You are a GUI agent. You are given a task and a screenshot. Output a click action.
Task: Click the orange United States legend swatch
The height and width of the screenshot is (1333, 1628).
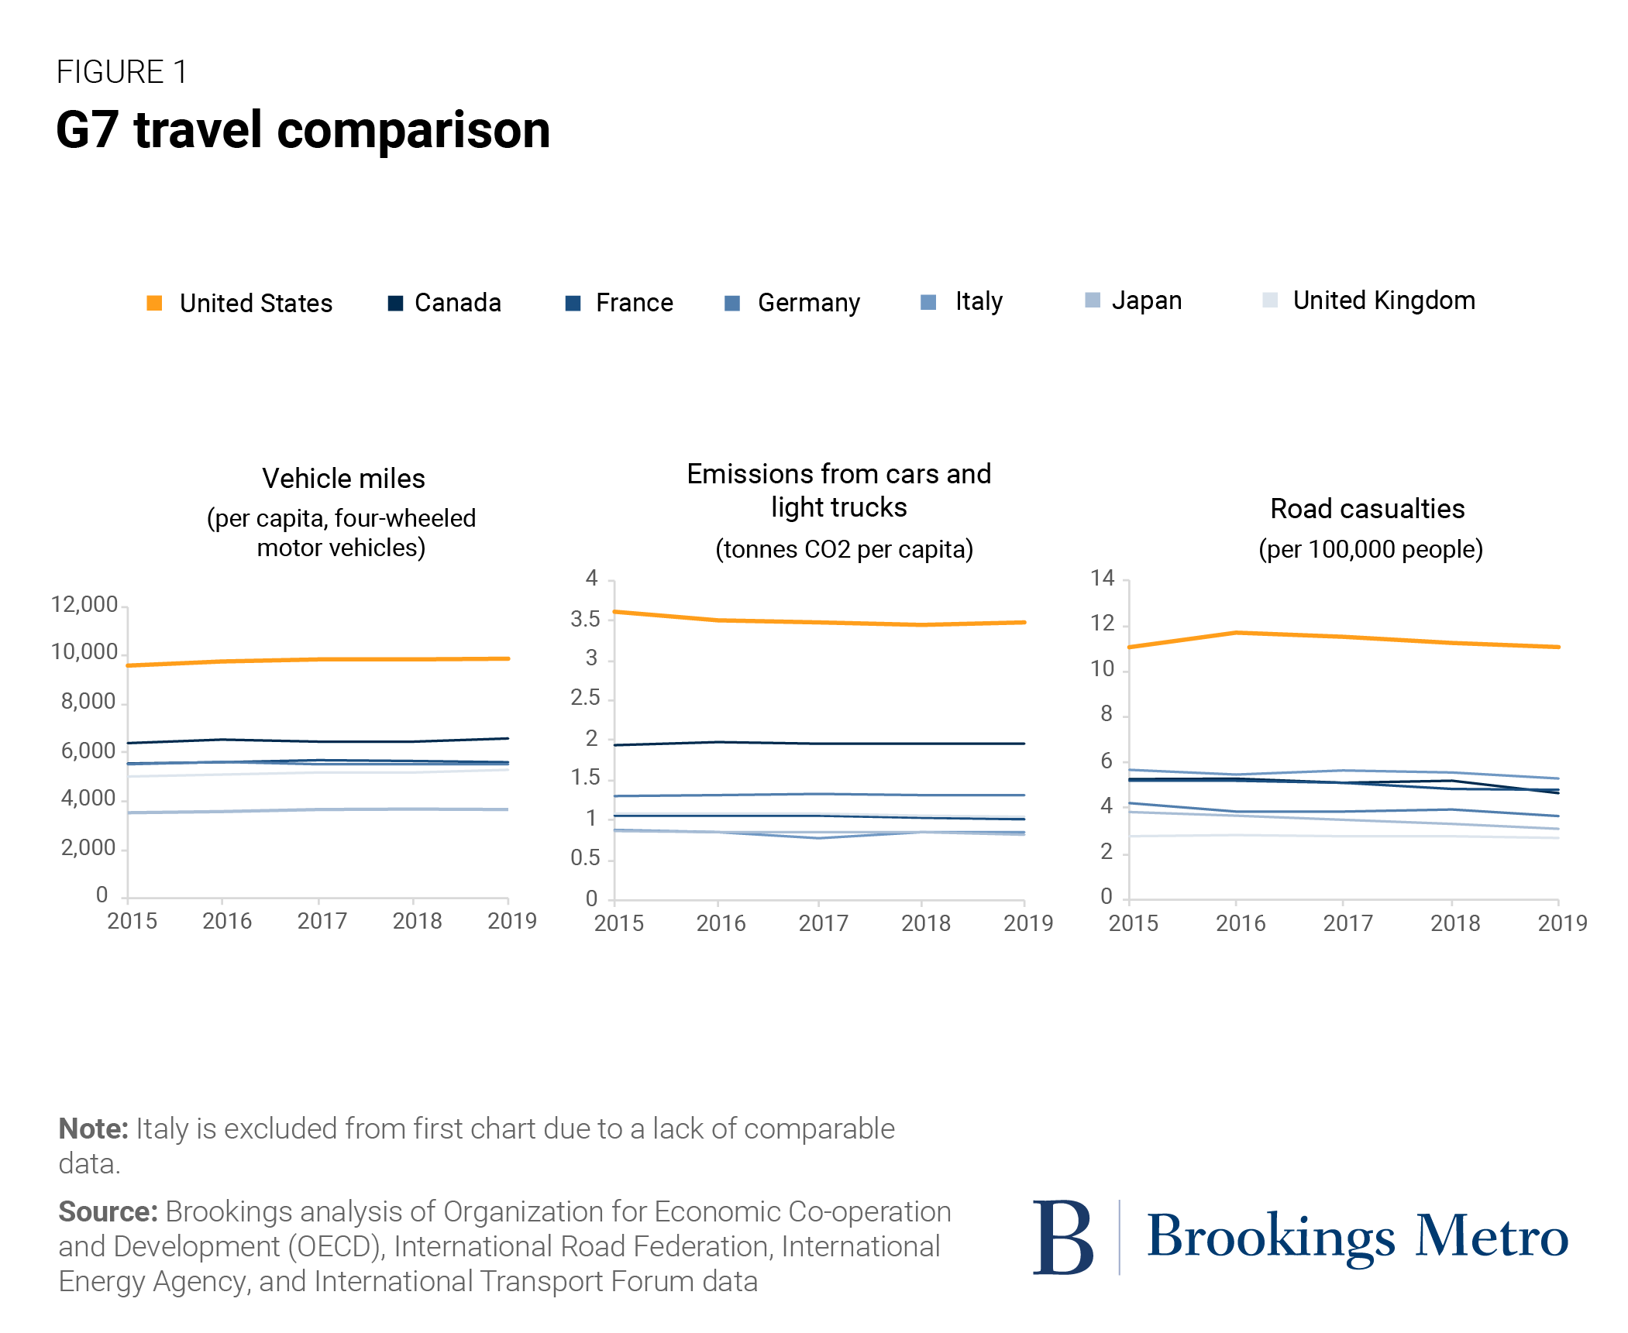click(154, 303)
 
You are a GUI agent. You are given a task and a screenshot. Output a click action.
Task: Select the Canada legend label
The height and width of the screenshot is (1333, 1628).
click(457, 303)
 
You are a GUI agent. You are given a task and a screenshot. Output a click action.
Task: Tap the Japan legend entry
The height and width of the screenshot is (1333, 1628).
click(1146, 301)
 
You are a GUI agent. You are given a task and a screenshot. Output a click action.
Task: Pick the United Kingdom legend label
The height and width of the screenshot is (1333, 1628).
click(1383, 301)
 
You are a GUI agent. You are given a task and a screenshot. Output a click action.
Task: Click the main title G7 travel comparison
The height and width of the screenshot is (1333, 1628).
click(303, 130)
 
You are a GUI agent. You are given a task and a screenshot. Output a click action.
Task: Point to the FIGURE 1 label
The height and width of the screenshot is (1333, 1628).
click(122, 72)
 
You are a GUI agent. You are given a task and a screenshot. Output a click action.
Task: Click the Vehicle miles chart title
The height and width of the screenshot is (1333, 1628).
click(343, 479)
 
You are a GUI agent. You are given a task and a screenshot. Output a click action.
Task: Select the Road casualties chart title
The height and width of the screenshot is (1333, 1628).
click(1367, 509)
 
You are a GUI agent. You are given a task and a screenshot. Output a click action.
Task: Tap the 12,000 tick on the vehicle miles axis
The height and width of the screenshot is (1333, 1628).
click(84, 605)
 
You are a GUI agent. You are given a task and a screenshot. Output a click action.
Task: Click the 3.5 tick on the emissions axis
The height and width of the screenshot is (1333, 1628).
click(585, 620)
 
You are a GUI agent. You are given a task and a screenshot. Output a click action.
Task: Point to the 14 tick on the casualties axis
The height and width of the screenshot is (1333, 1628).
click(1102, 578)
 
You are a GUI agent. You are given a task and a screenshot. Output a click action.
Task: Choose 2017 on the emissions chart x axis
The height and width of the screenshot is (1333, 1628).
click(823, 923)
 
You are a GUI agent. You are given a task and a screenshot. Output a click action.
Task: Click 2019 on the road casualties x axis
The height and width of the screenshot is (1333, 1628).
click(1561, 923)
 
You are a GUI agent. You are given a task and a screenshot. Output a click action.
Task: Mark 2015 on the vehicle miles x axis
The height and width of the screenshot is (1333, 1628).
click(132, 922)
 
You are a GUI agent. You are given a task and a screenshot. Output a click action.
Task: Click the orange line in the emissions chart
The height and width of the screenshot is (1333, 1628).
click(819, 622)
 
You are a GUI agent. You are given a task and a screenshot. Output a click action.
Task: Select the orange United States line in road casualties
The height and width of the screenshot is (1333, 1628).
click(1343, 637)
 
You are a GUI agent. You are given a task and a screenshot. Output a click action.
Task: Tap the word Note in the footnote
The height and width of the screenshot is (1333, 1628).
click(93, 1129)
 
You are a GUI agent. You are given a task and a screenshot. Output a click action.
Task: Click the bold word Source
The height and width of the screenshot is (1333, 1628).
click(108, 1212)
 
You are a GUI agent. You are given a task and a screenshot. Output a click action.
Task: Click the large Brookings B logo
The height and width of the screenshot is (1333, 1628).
click(1062, 1237)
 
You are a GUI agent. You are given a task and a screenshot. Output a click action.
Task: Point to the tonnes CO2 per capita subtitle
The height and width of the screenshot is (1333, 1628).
click(843, 550)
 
